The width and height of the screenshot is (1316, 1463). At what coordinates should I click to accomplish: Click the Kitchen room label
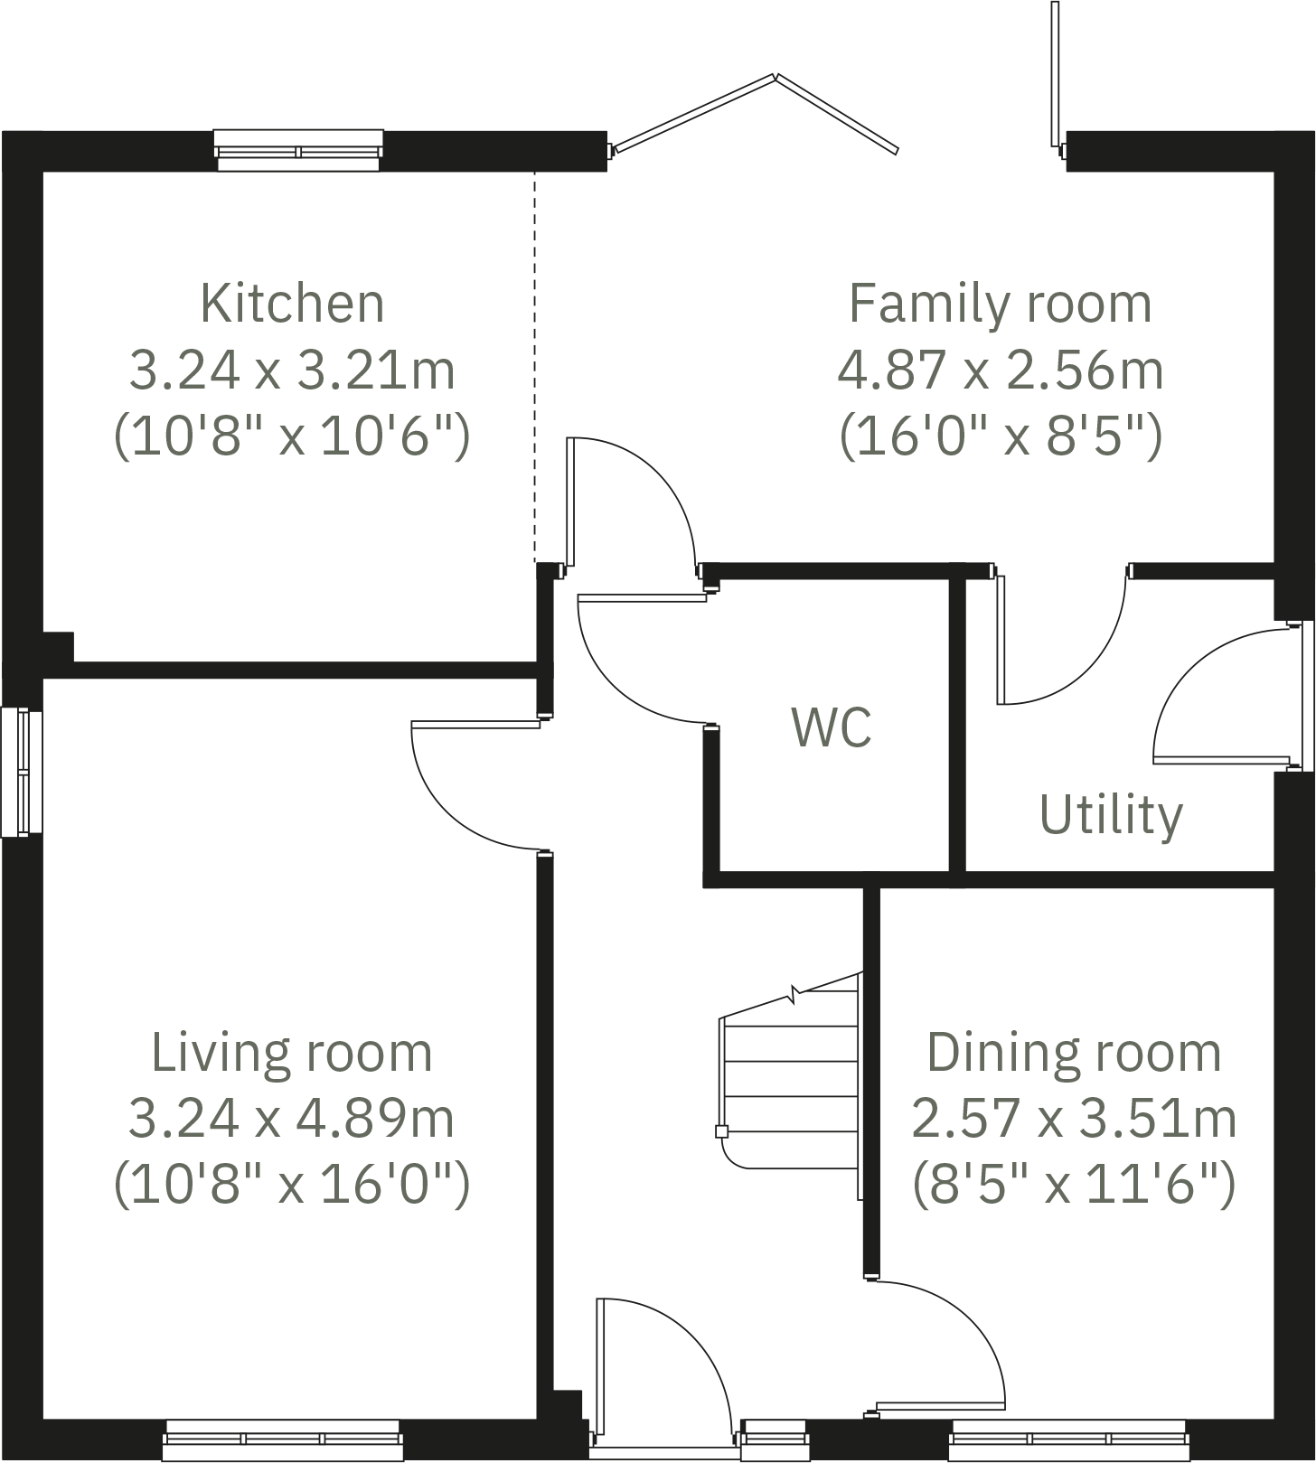(x=292, y=304)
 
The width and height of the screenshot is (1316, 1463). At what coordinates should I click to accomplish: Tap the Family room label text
(x=1000, y=304)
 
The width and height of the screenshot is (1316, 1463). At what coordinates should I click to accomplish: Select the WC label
(x=832, y=727)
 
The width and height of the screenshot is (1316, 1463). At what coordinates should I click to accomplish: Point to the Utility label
(x=1111, y=815)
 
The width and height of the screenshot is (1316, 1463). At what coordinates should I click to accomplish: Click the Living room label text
(x=291, y=1053)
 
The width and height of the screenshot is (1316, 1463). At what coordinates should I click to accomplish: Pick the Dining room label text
(x=1074, y=1053)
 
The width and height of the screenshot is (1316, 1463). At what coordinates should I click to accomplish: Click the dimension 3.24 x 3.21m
(x=292, y=370)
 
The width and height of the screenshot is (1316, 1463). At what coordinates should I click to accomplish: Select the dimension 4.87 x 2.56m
(x=1000, y=370)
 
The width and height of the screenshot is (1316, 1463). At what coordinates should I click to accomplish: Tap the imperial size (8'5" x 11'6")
(x=1074, y=1185)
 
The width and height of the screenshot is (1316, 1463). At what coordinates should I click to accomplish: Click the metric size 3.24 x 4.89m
(x=291, y=1119)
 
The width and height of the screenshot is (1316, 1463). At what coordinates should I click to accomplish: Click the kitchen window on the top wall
(x=298, y=150)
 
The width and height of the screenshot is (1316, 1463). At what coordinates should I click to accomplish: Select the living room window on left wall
(x=21, y=773)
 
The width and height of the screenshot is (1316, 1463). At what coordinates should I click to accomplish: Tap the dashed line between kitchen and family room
(x=534, y=361)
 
